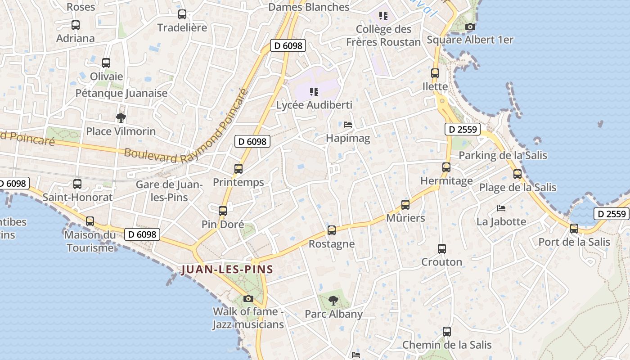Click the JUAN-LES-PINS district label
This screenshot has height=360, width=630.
(227, 270)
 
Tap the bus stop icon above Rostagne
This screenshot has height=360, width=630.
(332, 230)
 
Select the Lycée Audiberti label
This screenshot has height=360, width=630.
(314, 105)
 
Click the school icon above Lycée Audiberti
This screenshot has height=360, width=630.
(314, 92)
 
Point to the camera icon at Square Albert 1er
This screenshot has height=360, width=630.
(470, 27)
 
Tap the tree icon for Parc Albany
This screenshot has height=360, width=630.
(333, 301)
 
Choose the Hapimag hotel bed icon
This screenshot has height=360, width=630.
(347, 125)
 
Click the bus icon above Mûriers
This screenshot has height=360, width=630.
(405, 205)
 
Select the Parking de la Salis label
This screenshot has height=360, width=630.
(503, 155)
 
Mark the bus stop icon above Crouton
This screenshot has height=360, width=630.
(442, 249)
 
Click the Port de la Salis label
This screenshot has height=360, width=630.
(574, 242)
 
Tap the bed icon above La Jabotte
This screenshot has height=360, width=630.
(501, 208)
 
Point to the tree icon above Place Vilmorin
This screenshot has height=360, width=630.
(121, 118)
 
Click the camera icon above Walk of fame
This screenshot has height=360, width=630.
(248, 298)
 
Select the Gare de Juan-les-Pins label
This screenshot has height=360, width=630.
(169, 191)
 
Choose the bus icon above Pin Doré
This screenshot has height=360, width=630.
(223, 211)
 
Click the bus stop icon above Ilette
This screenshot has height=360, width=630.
(435, 73)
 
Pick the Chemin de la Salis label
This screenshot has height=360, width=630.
(447, 345)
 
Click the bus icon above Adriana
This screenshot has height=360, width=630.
(76, 25)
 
